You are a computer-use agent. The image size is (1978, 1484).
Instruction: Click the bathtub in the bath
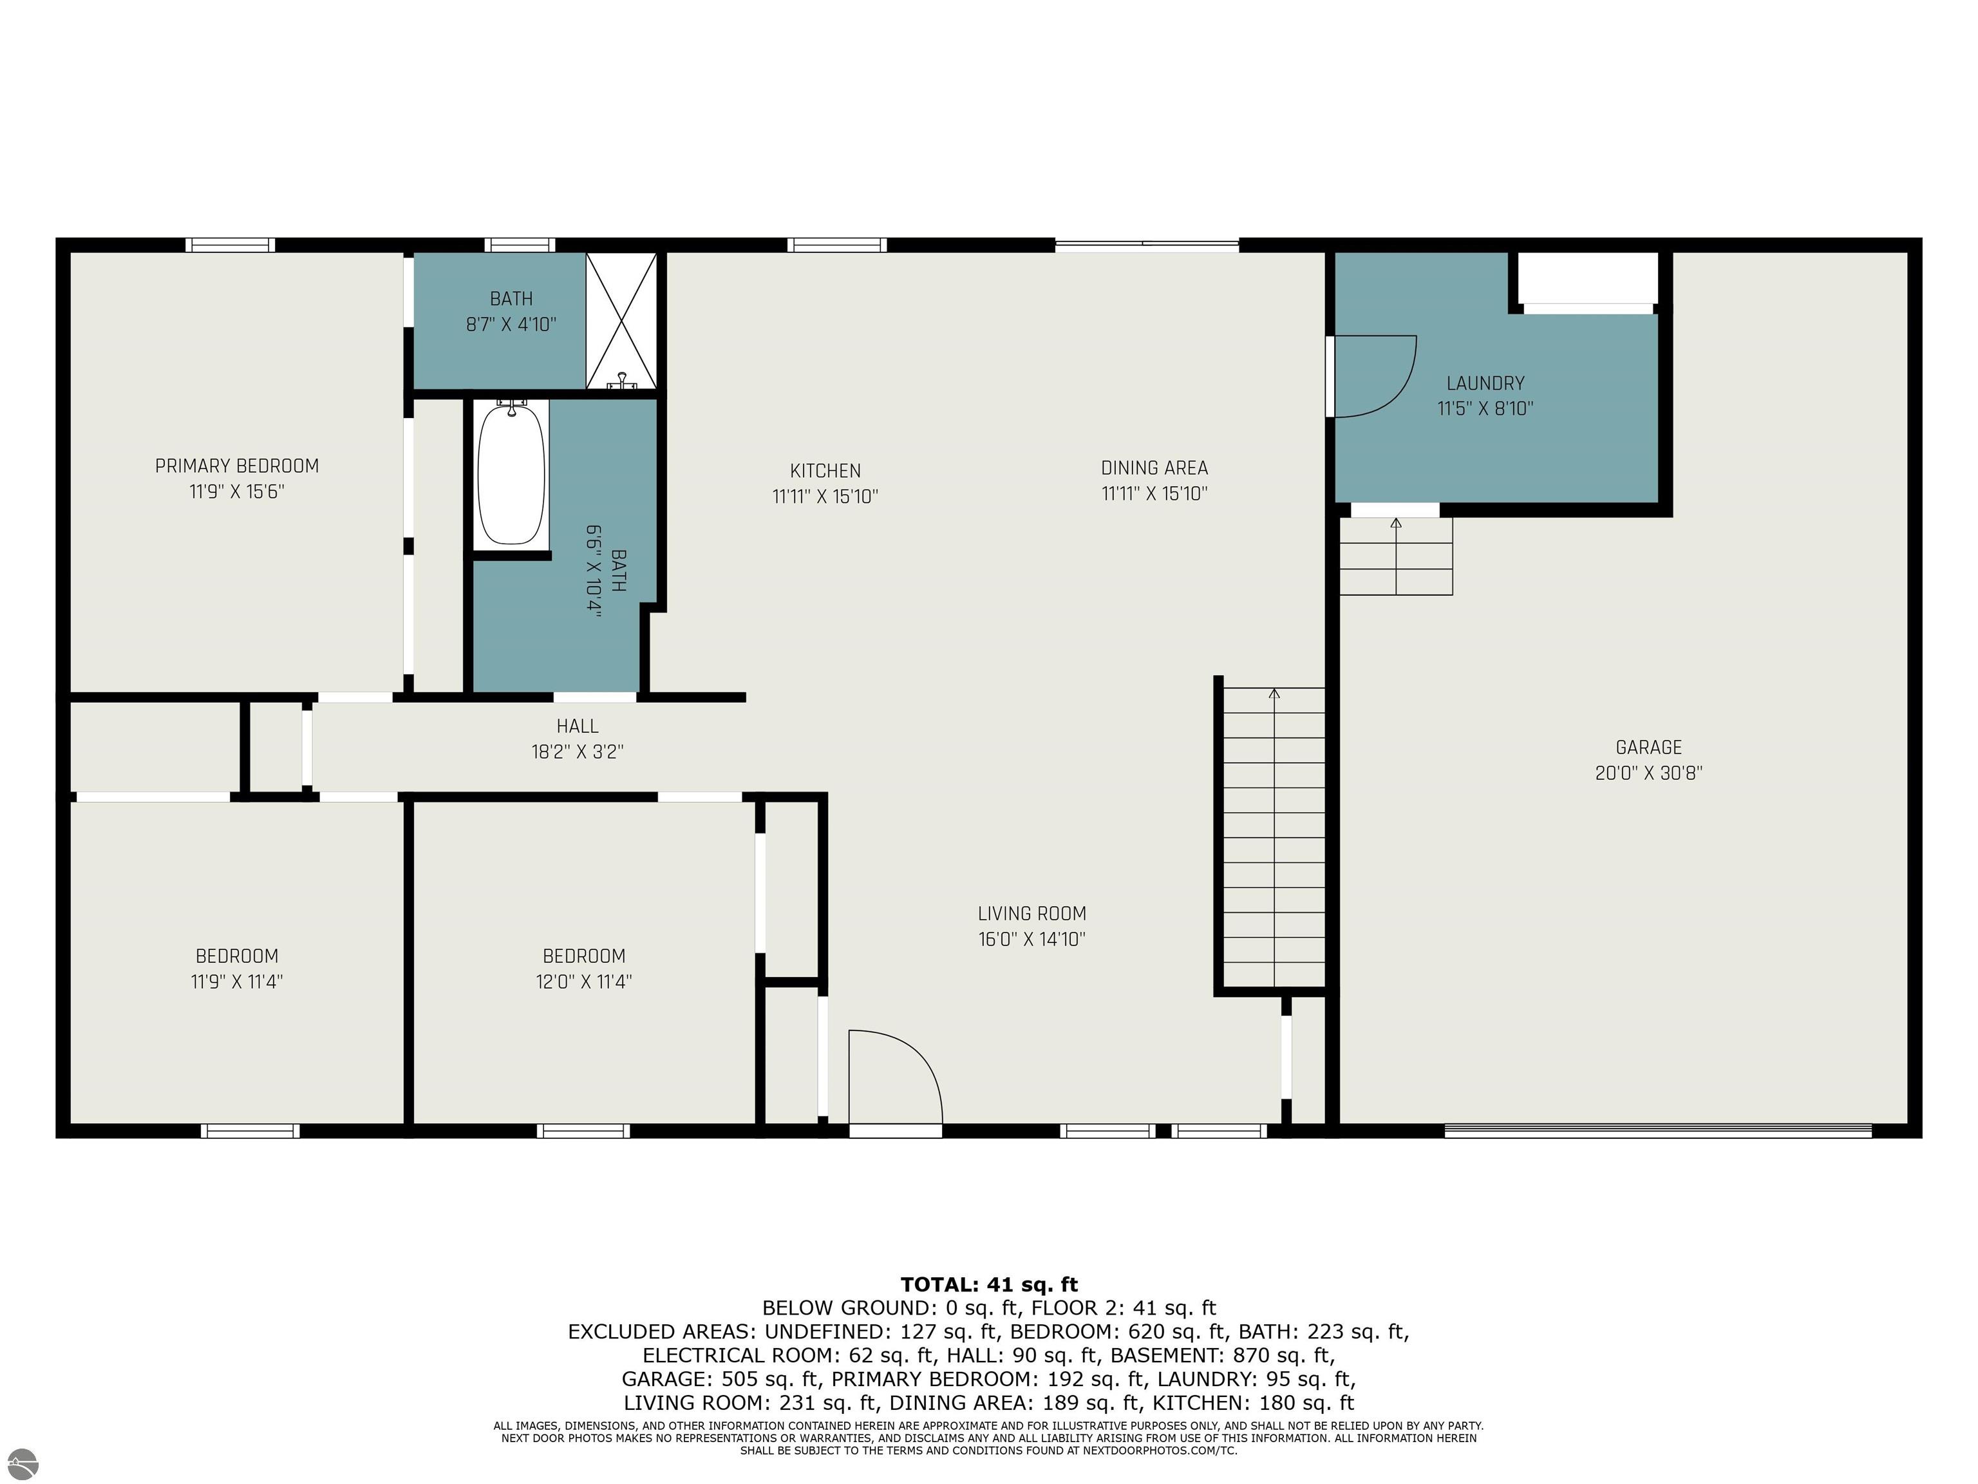coord(511,475)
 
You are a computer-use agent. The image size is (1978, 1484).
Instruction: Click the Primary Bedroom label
coord(237,466)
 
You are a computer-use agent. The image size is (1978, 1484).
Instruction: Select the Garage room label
coord(1649,747)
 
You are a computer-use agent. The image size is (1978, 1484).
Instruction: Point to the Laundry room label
coord(1485,383)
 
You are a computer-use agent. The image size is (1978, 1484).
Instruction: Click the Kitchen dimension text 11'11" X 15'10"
coord(825,495)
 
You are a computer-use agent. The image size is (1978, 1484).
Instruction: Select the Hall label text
coord(578,727)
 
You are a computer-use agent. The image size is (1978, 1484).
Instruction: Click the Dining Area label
coord(1154,468)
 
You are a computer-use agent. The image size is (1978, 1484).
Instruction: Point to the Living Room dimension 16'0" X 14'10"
coord(1032,939)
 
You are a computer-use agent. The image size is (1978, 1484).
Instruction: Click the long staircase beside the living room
coord(1274,837)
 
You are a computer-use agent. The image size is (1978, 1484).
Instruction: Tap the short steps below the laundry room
coord(1396,556)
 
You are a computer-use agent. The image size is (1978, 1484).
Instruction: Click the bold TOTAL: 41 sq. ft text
coord(989,1284)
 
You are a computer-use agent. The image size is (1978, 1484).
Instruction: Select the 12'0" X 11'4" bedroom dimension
coord(584,982)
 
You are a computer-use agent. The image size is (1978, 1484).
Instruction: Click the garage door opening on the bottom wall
coord(1658,1130)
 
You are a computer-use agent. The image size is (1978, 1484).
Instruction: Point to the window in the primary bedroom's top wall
coord(231,245)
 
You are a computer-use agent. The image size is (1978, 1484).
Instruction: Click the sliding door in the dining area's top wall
coord(1147,245)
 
